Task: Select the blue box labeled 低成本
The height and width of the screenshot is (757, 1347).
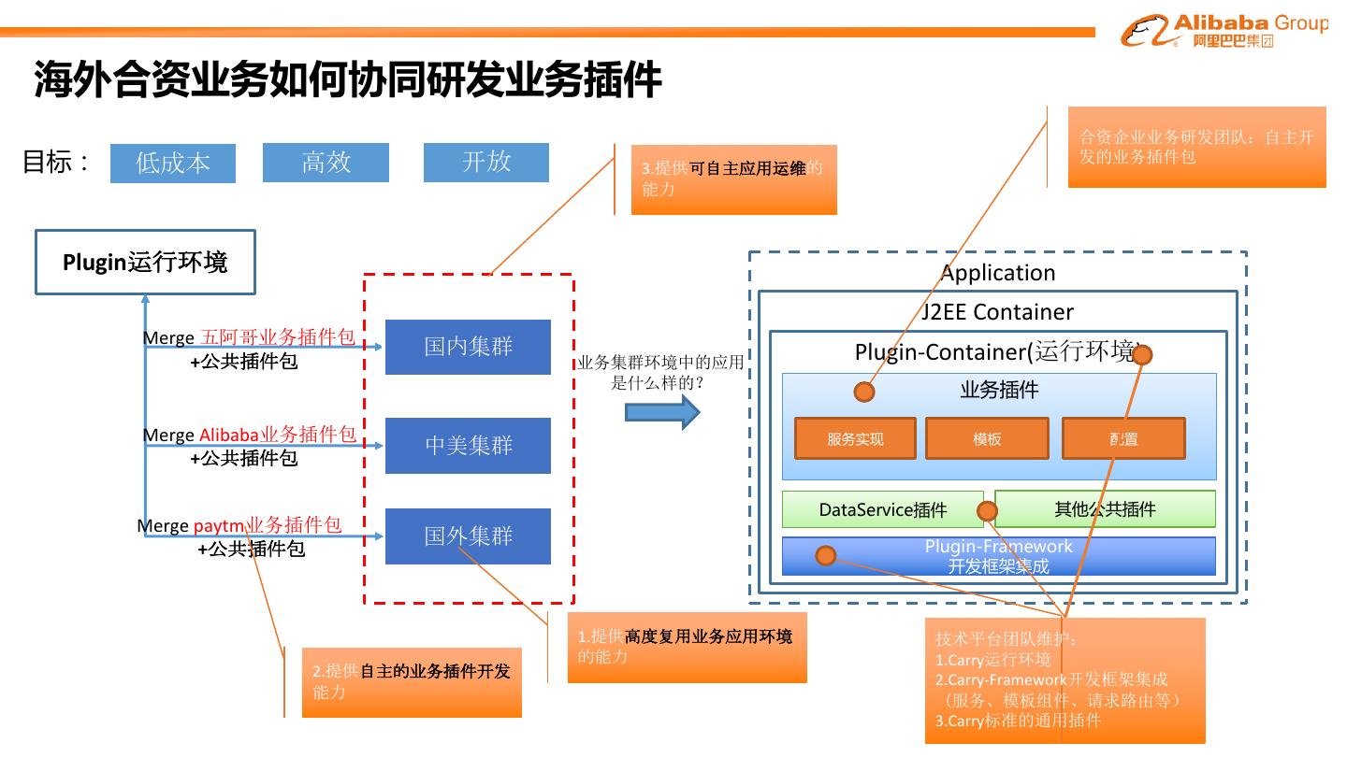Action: [173, 164]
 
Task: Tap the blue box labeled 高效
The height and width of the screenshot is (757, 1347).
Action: [326, 163]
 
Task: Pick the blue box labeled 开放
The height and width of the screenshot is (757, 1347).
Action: [486, 163]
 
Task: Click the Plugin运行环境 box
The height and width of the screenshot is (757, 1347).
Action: [145, 263]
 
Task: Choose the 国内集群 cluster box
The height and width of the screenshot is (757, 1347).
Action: [468, 347]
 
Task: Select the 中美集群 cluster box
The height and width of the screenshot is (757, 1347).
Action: [468, 446]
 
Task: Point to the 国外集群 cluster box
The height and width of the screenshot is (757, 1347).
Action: [468, 536]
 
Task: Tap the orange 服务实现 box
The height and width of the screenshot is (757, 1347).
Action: [855, 438]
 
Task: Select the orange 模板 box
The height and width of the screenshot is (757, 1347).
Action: [987, 438]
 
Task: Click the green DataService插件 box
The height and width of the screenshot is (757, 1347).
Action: [882, 509]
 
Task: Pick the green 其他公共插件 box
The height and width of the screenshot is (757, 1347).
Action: [1105, 509]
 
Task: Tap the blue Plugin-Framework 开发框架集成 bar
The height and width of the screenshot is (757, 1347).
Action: [998, 556]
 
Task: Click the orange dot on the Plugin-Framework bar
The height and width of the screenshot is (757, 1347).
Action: [825, 556]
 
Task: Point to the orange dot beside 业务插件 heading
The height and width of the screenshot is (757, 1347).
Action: [864, 391]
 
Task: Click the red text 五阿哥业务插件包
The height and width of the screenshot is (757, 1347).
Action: [278, 337]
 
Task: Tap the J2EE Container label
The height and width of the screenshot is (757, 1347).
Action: [997, 312]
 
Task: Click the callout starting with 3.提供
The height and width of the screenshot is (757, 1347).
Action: [733, 179]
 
